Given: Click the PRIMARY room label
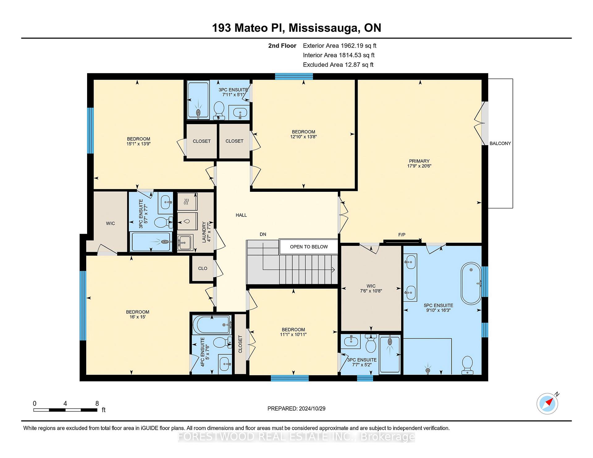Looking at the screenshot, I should coord(419,161).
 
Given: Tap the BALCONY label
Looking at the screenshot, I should coord(500,143).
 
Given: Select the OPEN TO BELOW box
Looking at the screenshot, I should coord(309,247).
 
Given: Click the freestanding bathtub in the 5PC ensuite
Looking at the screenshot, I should coord(471,284).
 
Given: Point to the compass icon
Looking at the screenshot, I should coord(547,403).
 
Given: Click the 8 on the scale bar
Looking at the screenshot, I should coord(97,403).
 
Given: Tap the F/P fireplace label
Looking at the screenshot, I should coord(402,235).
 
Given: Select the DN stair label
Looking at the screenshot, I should coord(263,234).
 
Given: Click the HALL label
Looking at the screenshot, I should coord(241,215).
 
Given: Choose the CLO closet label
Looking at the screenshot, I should coord(203,268).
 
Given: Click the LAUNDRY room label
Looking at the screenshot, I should coord(204,232).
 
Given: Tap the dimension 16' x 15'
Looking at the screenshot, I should coord(137,317).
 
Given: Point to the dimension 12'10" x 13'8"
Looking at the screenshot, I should coord(303,137).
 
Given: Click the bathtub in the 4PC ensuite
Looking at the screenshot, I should coord(212,325).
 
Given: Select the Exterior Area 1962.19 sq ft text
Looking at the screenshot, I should coord(339,46).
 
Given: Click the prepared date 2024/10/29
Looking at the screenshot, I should coord(312,409).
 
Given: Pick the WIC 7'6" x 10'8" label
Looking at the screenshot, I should coord(371,288).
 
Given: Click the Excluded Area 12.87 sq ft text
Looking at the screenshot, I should coord(338,65).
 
